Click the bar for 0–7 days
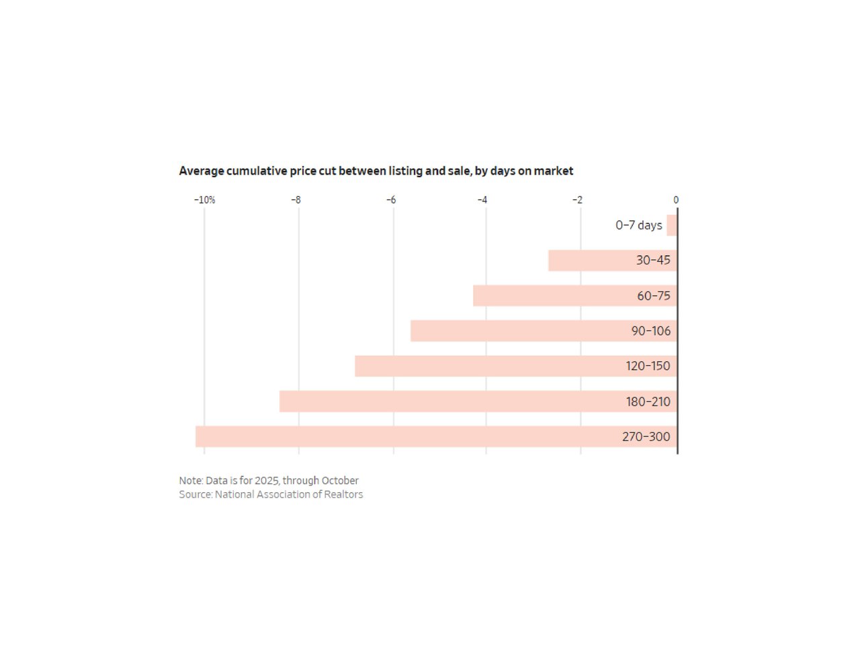coord(672,226)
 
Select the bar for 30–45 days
coord(591,260)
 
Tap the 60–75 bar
coord(551,296)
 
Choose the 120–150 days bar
coord(484,366)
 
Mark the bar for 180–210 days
coord(443,401)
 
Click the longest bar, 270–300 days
coord(403,436)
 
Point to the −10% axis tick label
coord(205,200)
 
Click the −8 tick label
coord(296,200)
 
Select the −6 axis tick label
coord(391,200)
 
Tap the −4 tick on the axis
coord(482,200)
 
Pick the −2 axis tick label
coord(577,200)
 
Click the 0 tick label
coord(676,200)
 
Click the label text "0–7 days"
coord(639,226)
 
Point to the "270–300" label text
coord(646,437)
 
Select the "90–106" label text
coord(650,331)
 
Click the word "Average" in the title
coord(202,171)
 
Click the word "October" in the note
coord(340,481)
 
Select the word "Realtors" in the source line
coord(343,495)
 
